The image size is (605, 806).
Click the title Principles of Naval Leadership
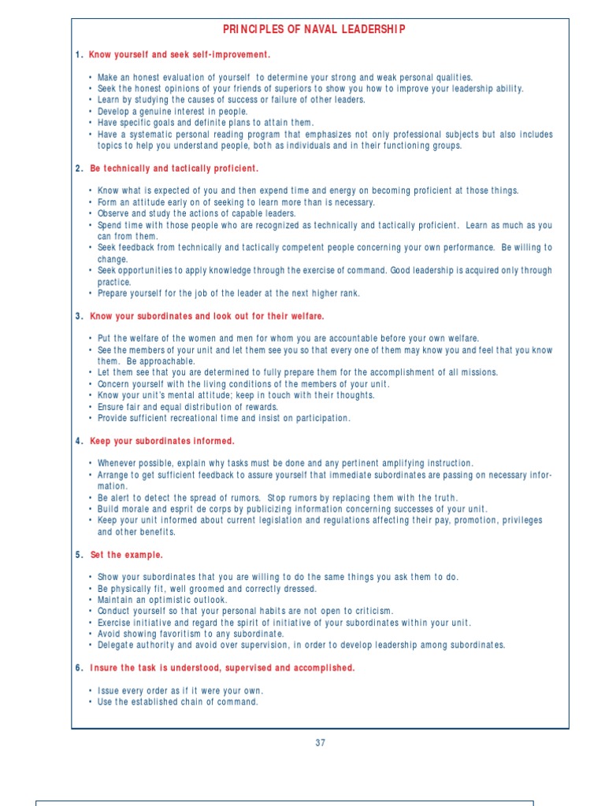point(314,30)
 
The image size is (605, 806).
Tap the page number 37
point(320,742)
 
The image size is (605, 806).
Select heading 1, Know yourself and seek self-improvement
point(179,55)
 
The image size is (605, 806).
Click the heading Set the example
point(126,555)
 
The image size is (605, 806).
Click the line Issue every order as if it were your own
point(180,691)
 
